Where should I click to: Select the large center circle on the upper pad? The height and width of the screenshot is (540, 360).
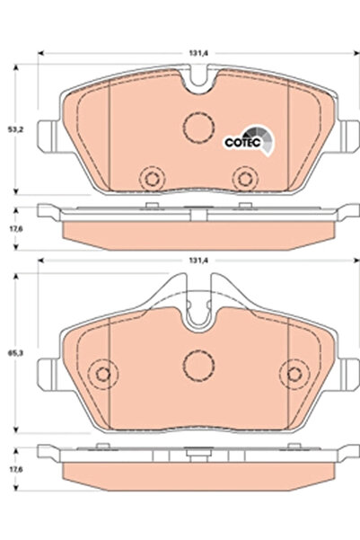[x=197, y=128]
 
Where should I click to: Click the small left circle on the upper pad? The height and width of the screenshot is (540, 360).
[x=151, y=174]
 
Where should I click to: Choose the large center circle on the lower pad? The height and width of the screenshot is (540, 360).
[x=197, y=364]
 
